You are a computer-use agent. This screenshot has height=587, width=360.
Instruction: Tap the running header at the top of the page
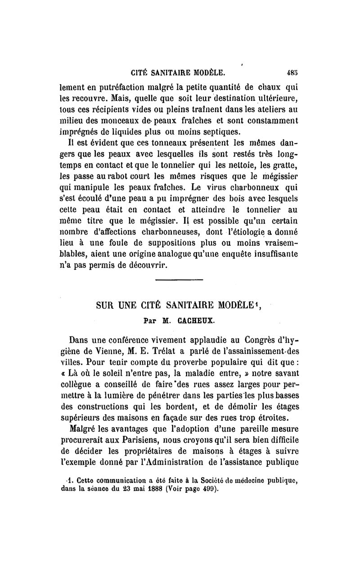[177, 72]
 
